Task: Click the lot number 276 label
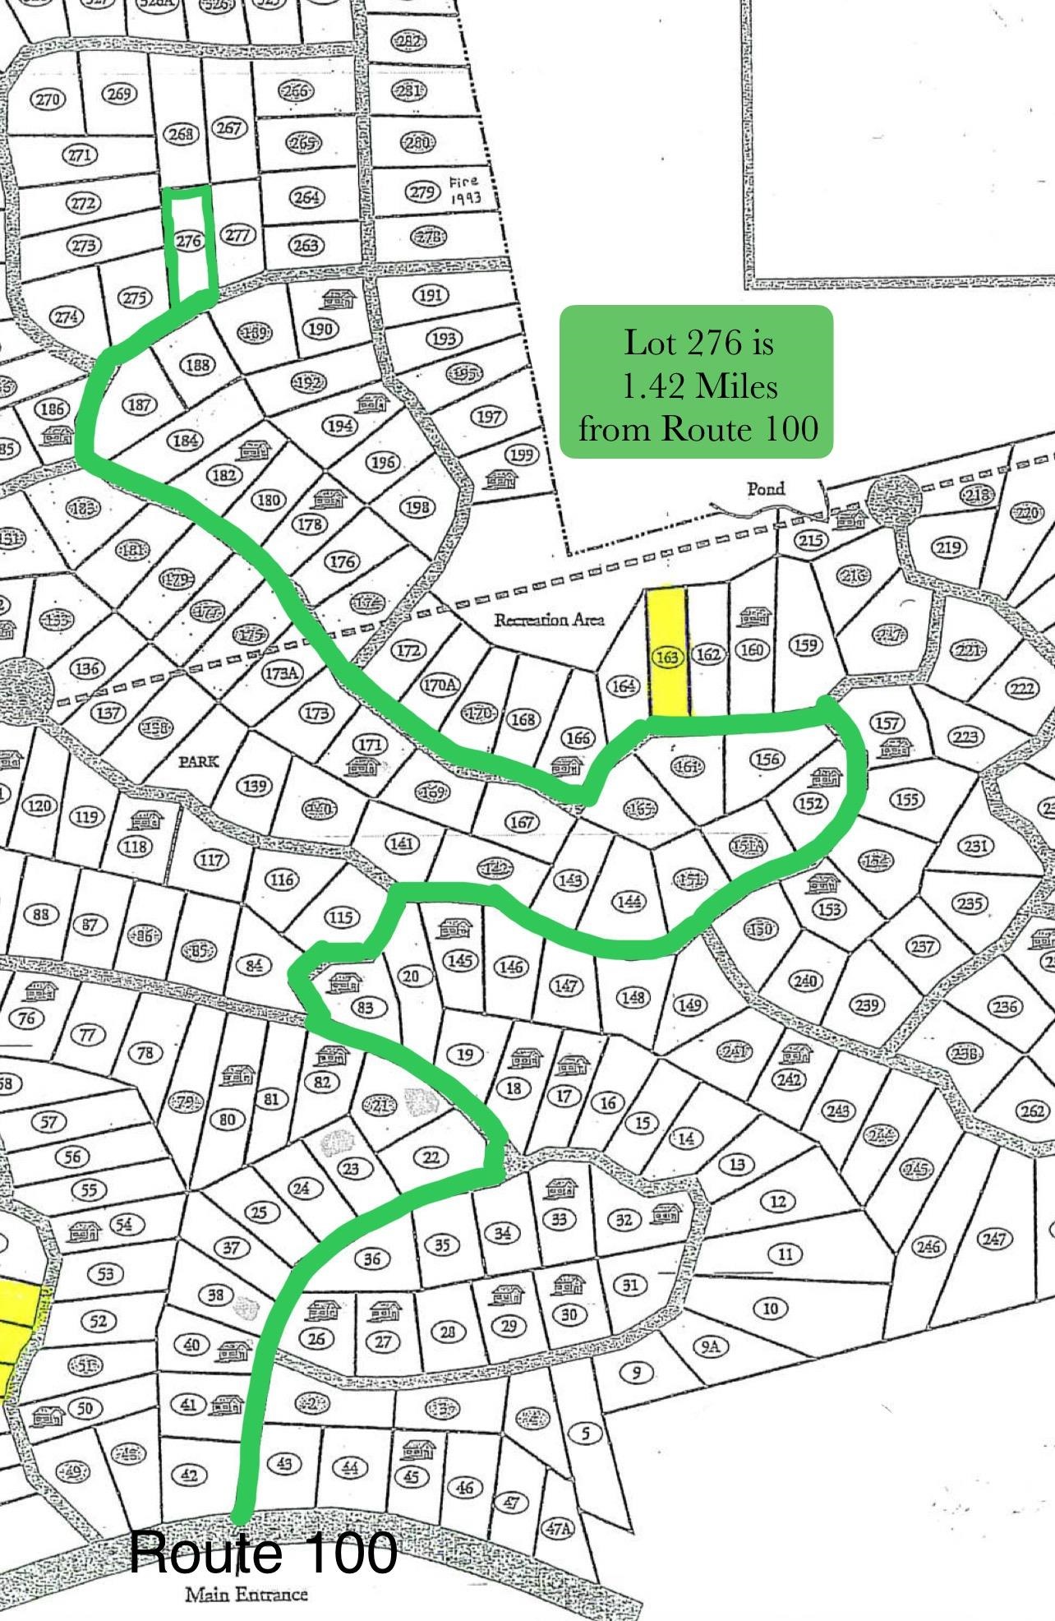189,240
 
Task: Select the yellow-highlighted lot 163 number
668,656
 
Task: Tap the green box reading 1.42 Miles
697,382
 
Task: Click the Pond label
765,488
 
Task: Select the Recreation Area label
549,619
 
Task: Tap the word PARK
200,760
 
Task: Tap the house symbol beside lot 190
337,298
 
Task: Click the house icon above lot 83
344,981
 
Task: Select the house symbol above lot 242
795,1053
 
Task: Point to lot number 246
928,1247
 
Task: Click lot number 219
948,547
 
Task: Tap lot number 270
47,99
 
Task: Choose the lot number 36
372,1258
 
